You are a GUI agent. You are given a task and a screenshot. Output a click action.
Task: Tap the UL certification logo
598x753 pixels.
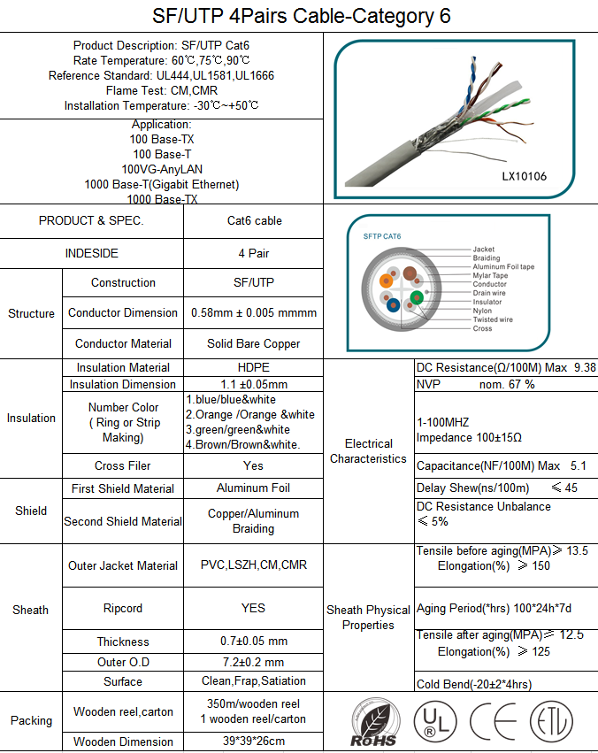pos(430,721)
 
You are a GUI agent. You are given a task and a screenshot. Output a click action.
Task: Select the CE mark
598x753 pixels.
pos(493,721)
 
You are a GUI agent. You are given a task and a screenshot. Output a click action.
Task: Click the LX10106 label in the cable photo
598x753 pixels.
pos(524,176)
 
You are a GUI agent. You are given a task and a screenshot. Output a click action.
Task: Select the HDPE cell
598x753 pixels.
pos(254,367)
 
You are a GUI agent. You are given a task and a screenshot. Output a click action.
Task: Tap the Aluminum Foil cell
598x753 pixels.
pos(254,488)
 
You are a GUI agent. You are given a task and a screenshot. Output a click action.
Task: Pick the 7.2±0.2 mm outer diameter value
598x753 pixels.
pos(254,662)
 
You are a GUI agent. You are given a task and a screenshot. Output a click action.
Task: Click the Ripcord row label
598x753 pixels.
pos(122,608)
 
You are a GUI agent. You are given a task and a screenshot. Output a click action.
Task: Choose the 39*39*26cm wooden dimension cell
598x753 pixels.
pos(254,741)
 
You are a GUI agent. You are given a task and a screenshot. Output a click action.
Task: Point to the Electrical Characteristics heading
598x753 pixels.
pos(369,451)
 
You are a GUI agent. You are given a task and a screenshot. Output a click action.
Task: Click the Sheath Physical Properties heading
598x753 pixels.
pos(368,618)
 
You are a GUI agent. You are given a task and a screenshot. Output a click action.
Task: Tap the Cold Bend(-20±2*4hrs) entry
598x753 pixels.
pos(474,684)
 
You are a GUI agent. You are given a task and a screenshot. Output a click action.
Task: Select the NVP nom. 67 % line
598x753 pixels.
pos(476,384)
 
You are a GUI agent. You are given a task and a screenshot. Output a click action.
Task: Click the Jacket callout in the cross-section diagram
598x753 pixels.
pos(483,250)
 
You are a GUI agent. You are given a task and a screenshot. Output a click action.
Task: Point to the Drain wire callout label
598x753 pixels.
pos(489,293)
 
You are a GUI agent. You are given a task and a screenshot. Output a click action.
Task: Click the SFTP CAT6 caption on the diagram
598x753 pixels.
pos(382,236)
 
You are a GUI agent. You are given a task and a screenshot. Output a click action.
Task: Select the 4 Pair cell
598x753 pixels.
pos(254,253)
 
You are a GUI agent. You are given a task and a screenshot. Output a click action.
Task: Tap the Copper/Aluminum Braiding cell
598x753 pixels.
pos(254,521)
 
